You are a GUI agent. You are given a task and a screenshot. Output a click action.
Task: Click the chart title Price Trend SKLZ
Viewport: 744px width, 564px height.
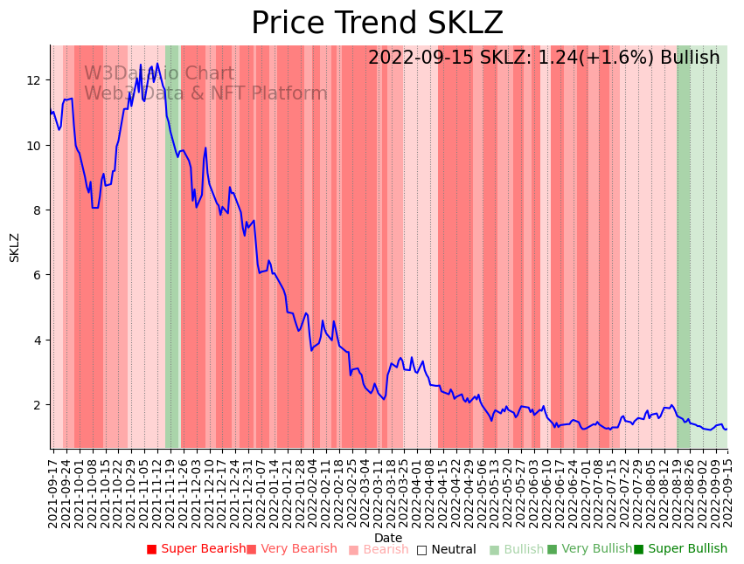click(377, 24)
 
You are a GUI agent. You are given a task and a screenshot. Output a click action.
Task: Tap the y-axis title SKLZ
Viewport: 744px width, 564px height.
click(15, 247)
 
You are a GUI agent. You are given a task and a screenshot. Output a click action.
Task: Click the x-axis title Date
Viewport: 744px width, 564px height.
click(388, 538)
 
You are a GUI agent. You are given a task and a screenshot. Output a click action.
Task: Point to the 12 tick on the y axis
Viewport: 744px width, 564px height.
click(34, 80)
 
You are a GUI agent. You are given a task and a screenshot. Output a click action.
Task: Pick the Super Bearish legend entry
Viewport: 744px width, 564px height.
click(197, 549)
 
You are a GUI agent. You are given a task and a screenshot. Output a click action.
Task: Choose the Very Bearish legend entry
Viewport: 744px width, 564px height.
click(291, 549)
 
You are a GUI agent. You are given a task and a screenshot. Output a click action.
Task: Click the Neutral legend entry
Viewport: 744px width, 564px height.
click(446, 549)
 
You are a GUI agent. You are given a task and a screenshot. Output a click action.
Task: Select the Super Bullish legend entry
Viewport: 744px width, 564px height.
click(680, 549)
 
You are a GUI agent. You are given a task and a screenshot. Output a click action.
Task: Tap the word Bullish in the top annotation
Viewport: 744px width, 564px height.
click(690, 58)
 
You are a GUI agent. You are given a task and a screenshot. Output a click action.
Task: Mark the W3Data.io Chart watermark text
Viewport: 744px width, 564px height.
click(159, 74)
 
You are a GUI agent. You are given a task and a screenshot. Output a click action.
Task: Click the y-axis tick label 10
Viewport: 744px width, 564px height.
click(34, 145)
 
